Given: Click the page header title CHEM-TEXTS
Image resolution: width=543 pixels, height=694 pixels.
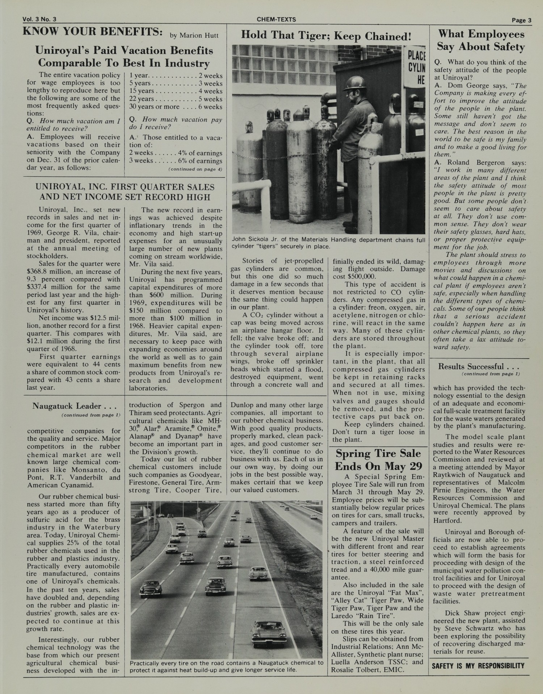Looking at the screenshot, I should (276, 20).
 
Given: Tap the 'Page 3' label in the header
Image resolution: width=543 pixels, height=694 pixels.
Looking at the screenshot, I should (521, 20).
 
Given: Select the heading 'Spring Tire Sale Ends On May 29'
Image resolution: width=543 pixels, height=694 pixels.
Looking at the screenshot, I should (378, 459).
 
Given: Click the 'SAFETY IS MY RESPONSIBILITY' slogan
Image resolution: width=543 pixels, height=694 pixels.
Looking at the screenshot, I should (478, 666).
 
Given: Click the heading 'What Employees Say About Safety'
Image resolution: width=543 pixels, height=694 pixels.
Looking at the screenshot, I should (481, 40).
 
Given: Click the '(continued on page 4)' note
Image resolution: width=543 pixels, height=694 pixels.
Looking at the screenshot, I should (195, 169).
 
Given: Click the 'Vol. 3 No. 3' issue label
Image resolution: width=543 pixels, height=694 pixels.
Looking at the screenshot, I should (39, 20).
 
